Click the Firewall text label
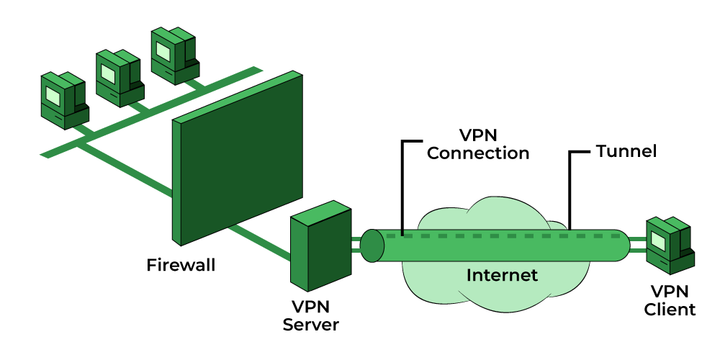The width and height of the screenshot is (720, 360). click(x=181, y=265)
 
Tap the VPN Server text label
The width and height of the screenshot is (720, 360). click(x=310, y=315)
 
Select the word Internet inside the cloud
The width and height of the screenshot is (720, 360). click(x=502, y=274)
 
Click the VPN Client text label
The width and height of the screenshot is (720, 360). click(x=670, y=300)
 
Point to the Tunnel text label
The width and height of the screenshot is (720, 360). click(x=626, y=152)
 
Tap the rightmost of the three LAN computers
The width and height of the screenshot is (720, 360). click(x=174, y=56)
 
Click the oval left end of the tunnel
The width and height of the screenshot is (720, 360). click(x=372, y=246)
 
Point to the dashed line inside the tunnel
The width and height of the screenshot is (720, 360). click(x=504, y=235)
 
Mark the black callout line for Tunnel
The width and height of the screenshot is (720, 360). click(x=570, y=187)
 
